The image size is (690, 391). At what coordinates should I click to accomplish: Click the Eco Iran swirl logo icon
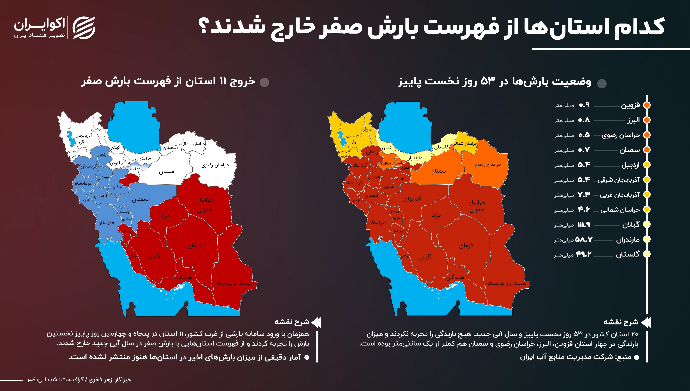point(84,28)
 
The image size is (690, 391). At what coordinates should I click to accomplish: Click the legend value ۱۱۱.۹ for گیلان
point(584,225)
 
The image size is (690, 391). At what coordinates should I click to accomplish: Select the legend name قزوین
point(630,105)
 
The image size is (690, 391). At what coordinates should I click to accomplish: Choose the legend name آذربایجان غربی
point(620,195)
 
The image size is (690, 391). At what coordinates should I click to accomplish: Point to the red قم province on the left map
point(130,179)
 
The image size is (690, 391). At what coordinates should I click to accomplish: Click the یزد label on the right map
point(436,215)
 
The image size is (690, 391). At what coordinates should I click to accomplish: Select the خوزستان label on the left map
point(106,223)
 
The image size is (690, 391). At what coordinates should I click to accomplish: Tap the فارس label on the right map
point(425,257)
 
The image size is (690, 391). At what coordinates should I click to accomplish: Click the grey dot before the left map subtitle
point(265,82)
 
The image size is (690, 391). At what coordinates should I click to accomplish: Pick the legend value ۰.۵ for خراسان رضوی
point(584,135)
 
